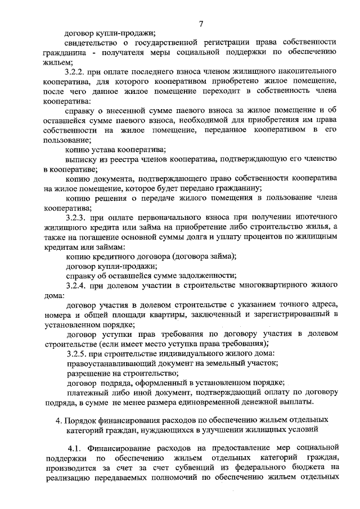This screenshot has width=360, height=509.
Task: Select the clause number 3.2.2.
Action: point(75,73)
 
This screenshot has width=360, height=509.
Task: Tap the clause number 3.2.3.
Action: point(75,217)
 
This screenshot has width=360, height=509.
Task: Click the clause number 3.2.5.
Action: point(75,353)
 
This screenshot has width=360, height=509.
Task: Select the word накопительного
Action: point(307,73)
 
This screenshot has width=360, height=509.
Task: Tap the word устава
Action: point(105,149)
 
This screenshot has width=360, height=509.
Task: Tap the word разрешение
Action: point(88,373)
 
